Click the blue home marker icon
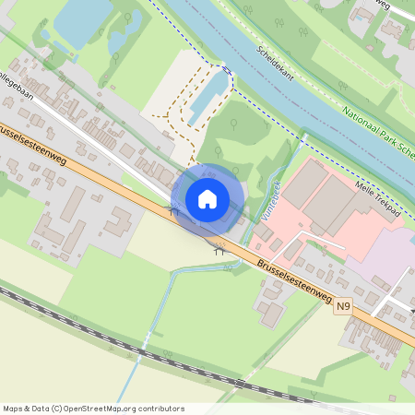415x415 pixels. click(x=207, y=198)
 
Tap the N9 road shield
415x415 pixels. click(x=344, y=306)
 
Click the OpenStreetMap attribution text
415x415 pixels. click(x=93, y=409)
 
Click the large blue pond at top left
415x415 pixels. click(x=83, y=20)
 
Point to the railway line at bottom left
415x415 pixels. click(x=55, y=313)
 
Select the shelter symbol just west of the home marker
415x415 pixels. click(x=172, y=211)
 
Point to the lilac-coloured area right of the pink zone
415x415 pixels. click(x=387, y=258)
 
